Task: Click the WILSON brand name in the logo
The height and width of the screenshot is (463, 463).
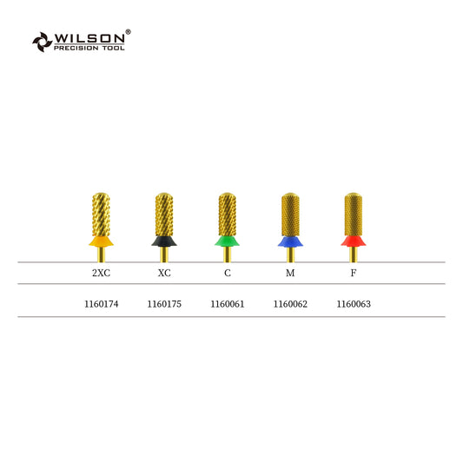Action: tap(89, 38)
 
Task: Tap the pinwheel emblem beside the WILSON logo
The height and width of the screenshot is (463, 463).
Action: tap(43, 42)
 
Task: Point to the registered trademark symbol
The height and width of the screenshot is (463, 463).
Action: tap(129, 31)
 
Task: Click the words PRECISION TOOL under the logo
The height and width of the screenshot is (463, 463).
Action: tap(89, 48)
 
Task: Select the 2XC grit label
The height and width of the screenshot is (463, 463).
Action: tap(101, 273)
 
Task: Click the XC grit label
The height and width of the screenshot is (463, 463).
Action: tap(164, 273)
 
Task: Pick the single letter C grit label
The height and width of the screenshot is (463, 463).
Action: tap(228, 273)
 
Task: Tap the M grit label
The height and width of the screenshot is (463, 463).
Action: tap(290, 273)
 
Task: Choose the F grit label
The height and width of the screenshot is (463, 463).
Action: tap(354, 273)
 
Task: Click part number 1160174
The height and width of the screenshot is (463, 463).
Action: tap(102, 304)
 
